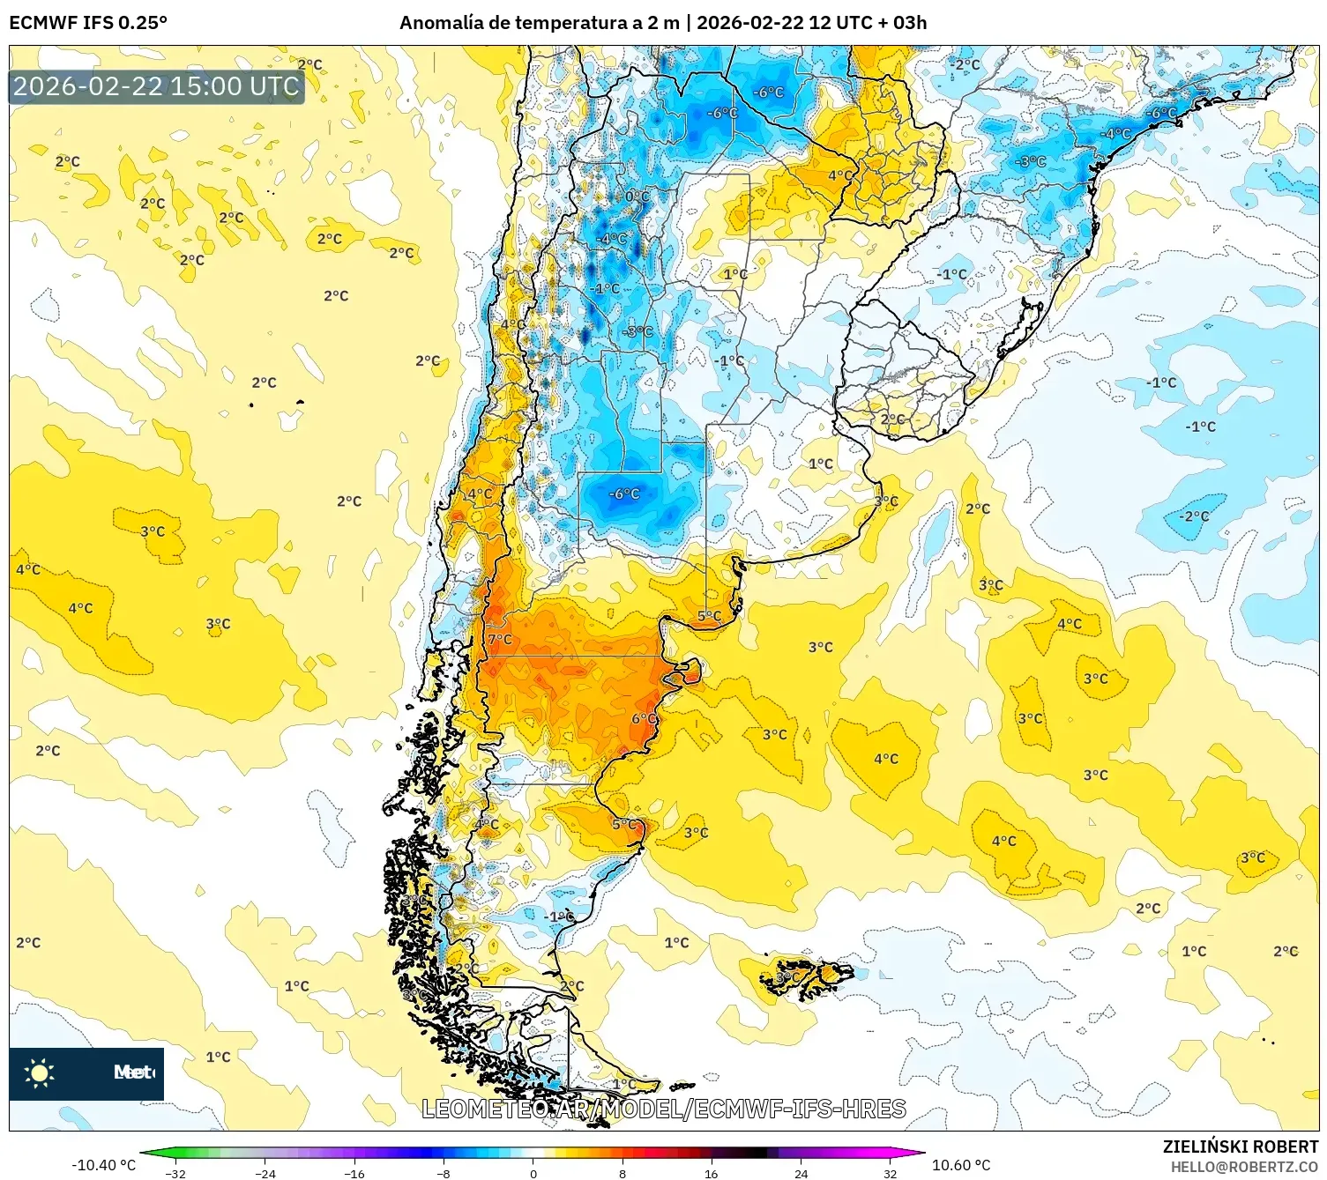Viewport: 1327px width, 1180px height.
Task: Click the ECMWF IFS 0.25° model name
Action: [x=87, y=23]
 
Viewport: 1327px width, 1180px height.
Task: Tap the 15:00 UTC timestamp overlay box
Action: [x=156, y=86]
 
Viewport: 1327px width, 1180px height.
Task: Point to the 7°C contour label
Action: [x=500, y=639]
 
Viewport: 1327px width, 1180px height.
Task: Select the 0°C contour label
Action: [x=637, y=197]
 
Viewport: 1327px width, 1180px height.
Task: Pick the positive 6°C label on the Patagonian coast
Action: [x=644, y=718]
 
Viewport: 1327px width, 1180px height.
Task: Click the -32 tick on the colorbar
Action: [x=175, y=1173]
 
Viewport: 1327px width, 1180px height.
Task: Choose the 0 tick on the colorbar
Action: [x=533, y=1173]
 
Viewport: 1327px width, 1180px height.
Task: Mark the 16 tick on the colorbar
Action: [x=711, y=1173]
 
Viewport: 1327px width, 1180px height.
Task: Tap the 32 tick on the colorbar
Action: [x=890, y=1173]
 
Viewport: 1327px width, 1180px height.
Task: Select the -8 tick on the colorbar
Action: [x=444, y=1173]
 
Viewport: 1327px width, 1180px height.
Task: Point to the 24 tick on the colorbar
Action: [x=801, y=1173]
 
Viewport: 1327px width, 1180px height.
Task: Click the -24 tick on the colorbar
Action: [x=265, y=1173]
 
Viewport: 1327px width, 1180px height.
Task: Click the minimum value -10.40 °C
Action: [x=103, y=1165]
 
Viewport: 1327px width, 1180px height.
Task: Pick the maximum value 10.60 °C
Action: [x=961, y=1165]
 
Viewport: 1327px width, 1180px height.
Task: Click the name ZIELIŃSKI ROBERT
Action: [x=1240, y=1147]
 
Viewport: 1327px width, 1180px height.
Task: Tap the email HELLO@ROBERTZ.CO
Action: [x=1244, y=1167]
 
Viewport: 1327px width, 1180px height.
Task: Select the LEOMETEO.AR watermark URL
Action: [x=663, y=1109]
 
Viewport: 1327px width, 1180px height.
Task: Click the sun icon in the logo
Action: [x=40, y=1072]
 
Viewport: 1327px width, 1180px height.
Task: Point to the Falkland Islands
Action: [x=807, y=976]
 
